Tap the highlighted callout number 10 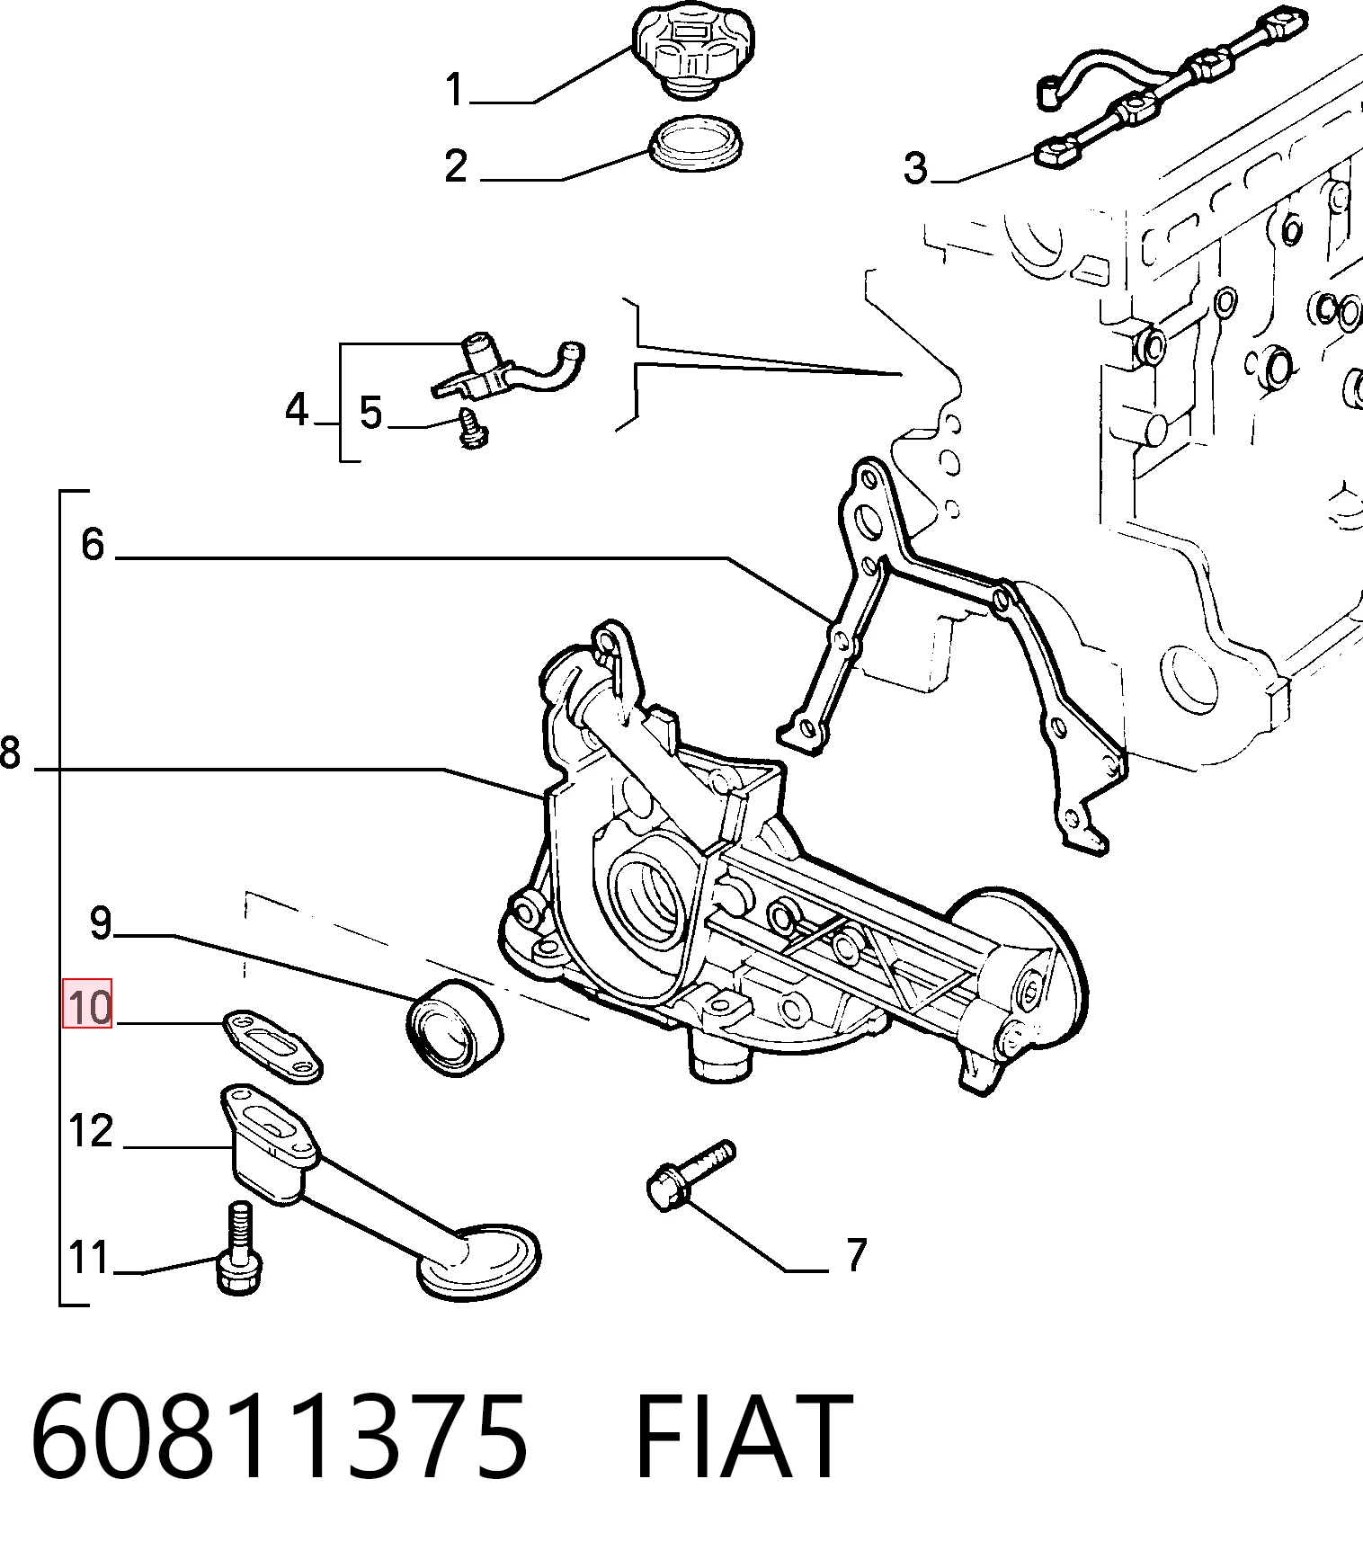tap(87, 1003)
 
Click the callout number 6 tap(93, 545)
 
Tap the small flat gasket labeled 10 tap(272, 1047)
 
